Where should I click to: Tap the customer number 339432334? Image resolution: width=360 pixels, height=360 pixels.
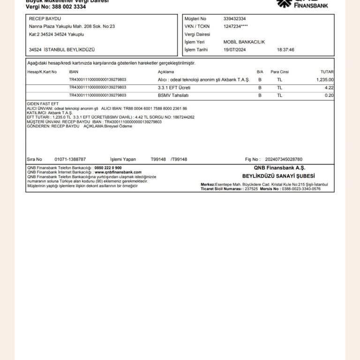234,19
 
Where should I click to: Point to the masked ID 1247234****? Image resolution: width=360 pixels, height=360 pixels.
236,26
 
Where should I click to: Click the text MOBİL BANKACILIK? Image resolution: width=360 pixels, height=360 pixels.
244,42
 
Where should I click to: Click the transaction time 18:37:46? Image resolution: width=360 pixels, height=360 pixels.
285,50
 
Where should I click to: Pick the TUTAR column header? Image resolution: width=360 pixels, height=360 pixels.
327,72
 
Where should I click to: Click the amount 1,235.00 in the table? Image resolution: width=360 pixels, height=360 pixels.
324,80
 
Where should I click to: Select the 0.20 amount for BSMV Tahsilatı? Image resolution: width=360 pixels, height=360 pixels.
329,96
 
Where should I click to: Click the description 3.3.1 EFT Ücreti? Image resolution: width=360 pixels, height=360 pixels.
174,88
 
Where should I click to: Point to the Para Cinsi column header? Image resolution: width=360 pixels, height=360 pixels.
280,72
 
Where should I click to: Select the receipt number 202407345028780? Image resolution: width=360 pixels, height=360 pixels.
284,159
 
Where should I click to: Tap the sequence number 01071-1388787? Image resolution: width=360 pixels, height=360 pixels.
70,159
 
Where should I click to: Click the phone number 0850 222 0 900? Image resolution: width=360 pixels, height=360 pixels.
108,168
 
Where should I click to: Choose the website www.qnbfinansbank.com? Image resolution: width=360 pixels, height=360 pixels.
118,172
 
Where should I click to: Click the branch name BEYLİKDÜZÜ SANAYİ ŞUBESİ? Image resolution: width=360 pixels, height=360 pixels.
279,176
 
